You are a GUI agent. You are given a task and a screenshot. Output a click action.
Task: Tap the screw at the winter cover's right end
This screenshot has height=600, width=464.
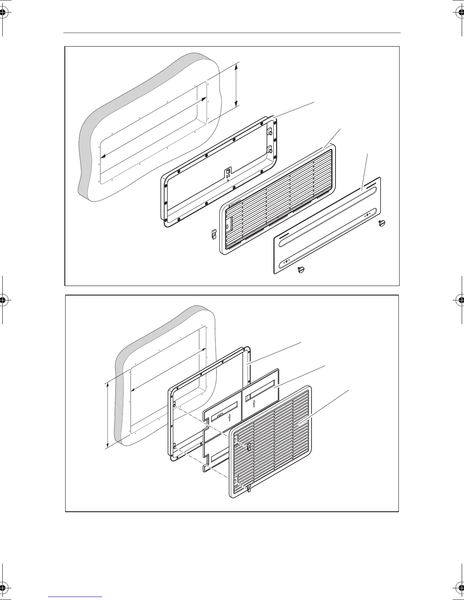382,223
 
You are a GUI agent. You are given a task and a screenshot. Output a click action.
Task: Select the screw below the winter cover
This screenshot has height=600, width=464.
301,270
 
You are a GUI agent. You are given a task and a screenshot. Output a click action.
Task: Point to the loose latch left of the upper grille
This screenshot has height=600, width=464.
213,235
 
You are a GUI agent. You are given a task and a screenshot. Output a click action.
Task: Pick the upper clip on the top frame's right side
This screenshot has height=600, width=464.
270,132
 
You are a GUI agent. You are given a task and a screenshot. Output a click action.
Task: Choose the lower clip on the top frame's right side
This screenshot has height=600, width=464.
270,148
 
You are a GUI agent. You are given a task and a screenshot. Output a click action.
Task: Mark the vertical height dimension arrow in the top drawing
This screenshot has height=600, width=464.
236,85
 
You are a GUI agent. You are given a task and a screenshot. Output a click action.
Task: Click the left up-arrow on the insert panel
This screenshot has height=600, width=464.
230,418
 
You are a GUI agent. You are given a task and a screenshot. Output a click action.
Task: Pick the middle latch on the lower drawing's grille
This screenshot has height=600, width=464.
249,447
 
